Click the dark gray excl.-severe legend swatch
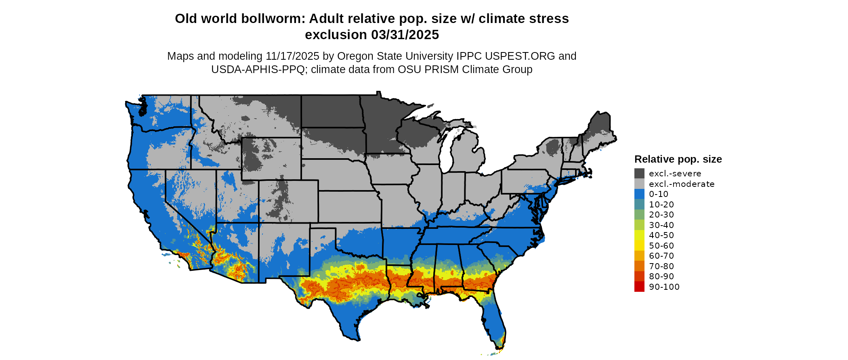pyautogui.click(x=639, y=174)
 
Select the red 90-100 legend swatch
pyautogui.click(x=639, y=287)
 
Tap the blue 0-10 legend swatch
pyautogui.click(x=639, y=194)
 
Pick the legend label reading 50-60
pyautogui.click(x=661, y=246)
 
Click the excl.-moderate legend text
pyautogui.click(x=682, y=184)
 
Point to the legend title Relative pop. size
pyautogui.click(x=678, y=159)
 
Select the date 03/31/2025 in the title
pyautogui.click(x=405, y=35)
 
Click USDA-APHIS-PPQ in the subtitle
pyautogui.click(x=258, y=69)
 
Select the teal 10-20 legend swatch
pyautogui.click(x=639, y=205)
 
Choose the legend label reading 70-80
pyautogui.click(x=661, y=266)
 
